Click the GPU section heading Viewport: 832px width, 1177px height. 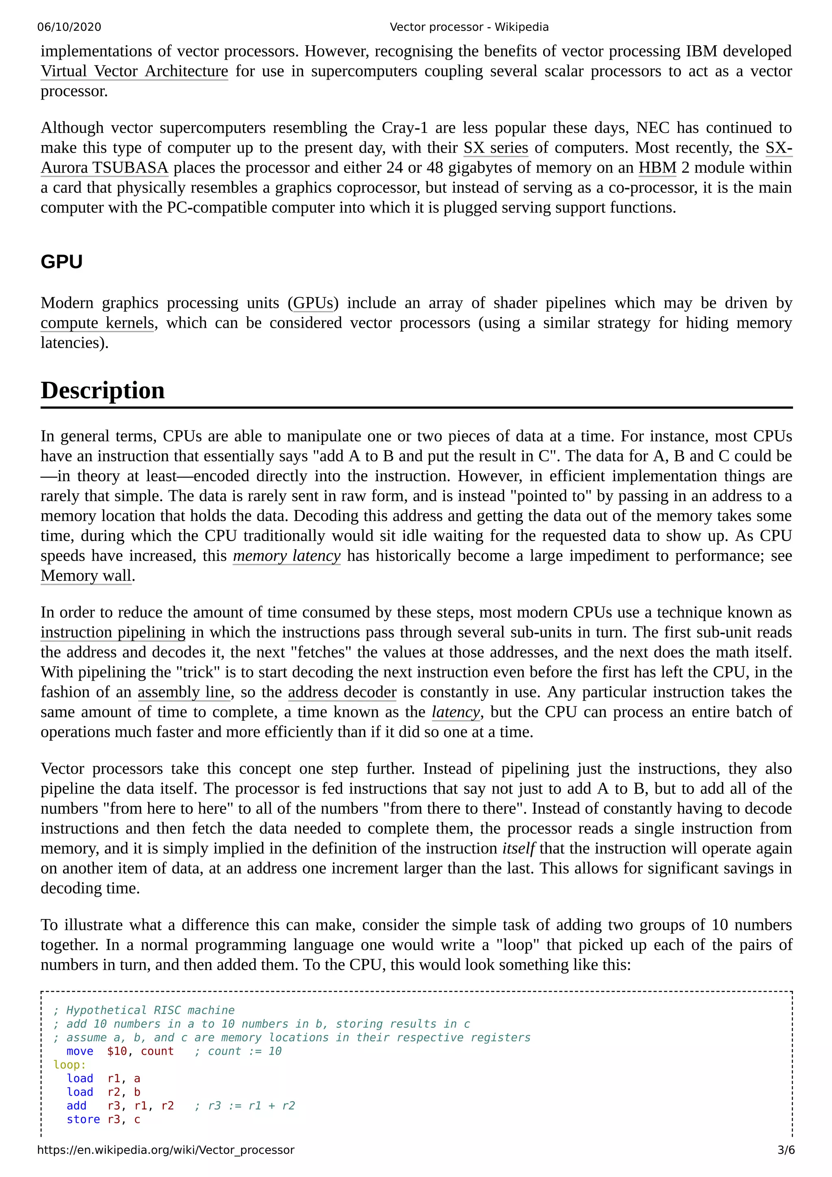click(x=61, y=262)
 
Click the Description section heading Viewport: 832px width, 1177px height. click(x=102, y=391)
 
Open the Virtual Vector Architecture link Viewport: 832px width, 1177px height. click(x=134, y=71)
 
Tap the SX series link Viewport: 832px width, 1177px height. click(x=495, y=148)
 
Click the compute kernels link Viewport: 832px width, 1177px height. click(x=97, y=323)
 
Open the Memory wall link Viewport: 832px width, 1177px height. click(x=86, y=576)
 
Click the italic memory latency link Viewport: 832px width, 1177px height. click(x=286, y=556)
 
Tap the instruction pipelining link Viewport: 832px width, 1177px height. click(x=113, y=632)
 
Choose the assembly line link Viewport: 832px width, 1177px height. click(x=184, y=692)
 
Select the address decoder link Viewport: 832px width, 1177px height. click(x=342, y=692)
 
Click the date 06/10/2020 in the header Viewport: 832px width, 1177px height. click(x=69, y=27)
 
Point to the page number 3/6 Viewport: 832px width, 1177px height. click(x=785, y=1150)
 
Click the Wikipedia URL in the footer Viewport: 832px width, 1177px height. click(x=166, y=1150)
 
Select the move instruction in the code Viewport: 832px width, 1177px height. click(x=80, y=1051)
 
